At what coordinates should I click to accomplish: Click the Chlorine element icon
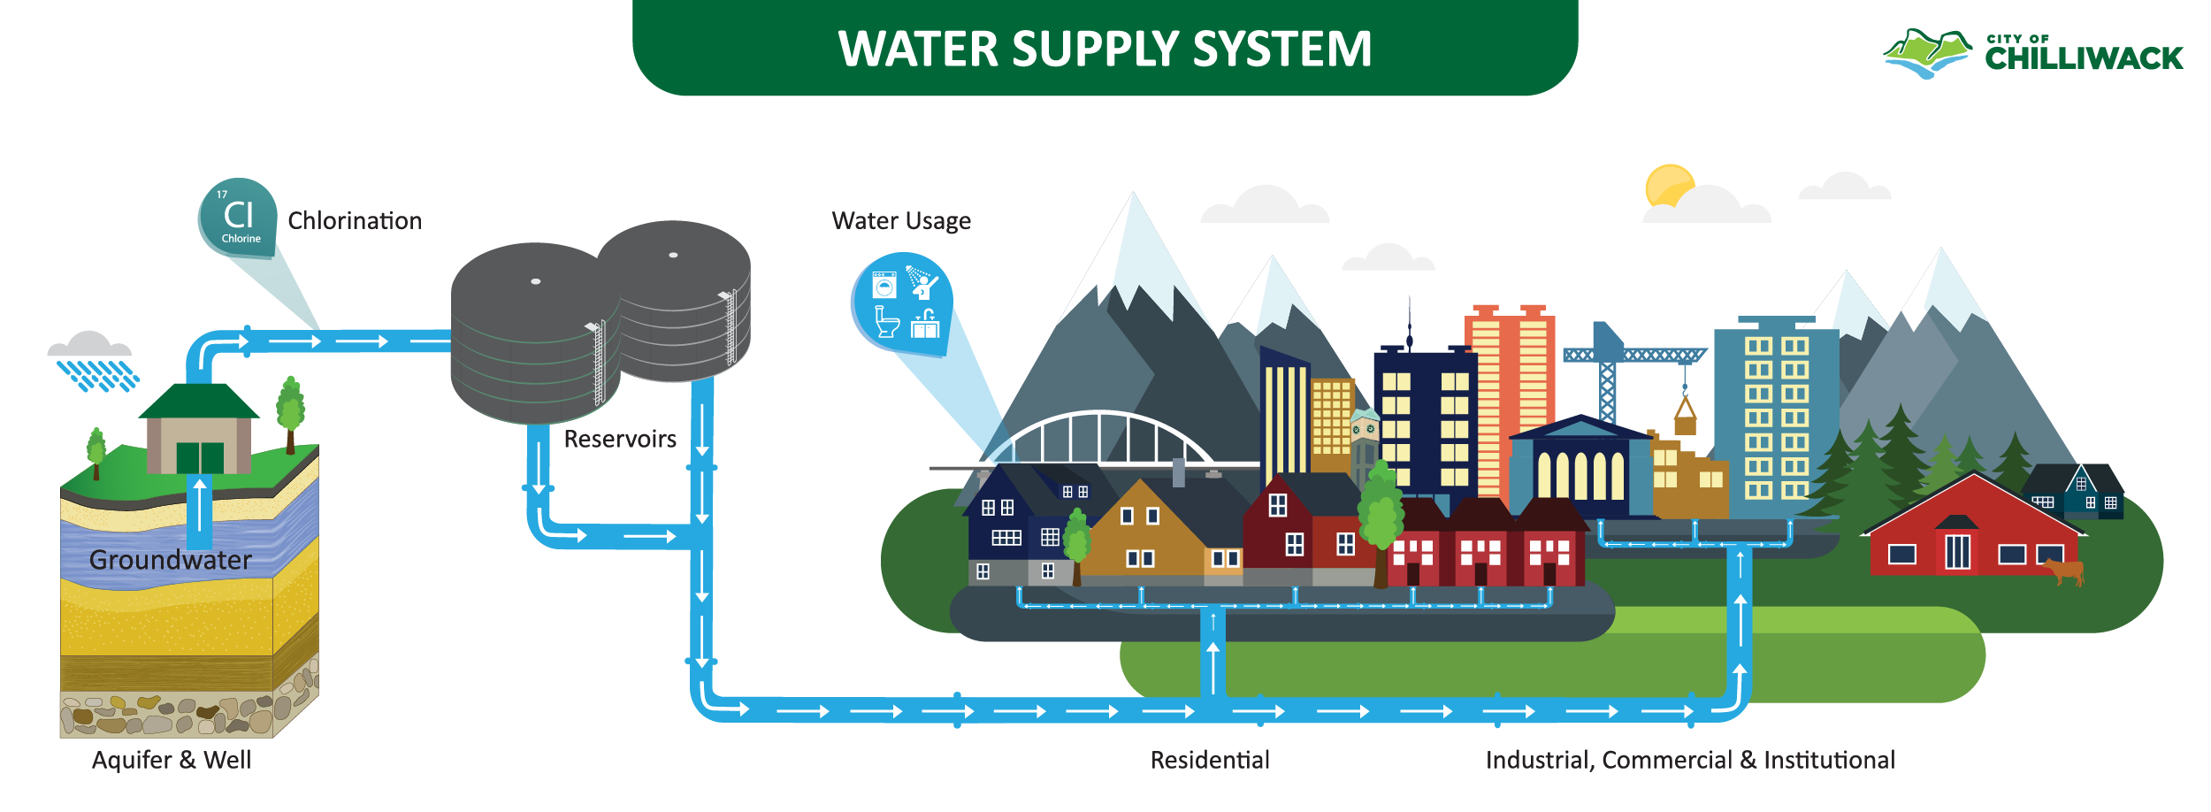pos(238,218)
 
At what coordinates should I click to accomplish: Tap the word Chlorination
pos(355,220)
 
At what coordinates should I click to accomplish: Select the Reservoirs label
pos(620,439)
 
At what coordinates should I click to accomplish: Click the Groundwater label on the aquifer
pos(171,560)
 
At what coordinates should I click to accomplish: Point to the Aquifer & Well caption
pos(172,760)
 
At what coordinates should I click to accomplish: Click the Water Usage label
pos(901,220)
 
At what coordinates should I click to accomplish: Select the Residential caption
pos(1210,760)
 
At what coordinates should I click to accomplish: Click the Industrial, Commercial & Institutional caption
pos(1690,760)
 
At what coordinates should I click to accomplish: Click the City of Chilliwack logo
pos(2032,53)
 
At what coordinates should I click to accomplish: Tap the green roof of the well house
pos(199,401)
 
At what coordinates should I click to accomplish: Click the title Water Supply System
pos(1105,49)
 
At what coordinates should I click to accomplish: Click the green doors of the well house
pos(200,458)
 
